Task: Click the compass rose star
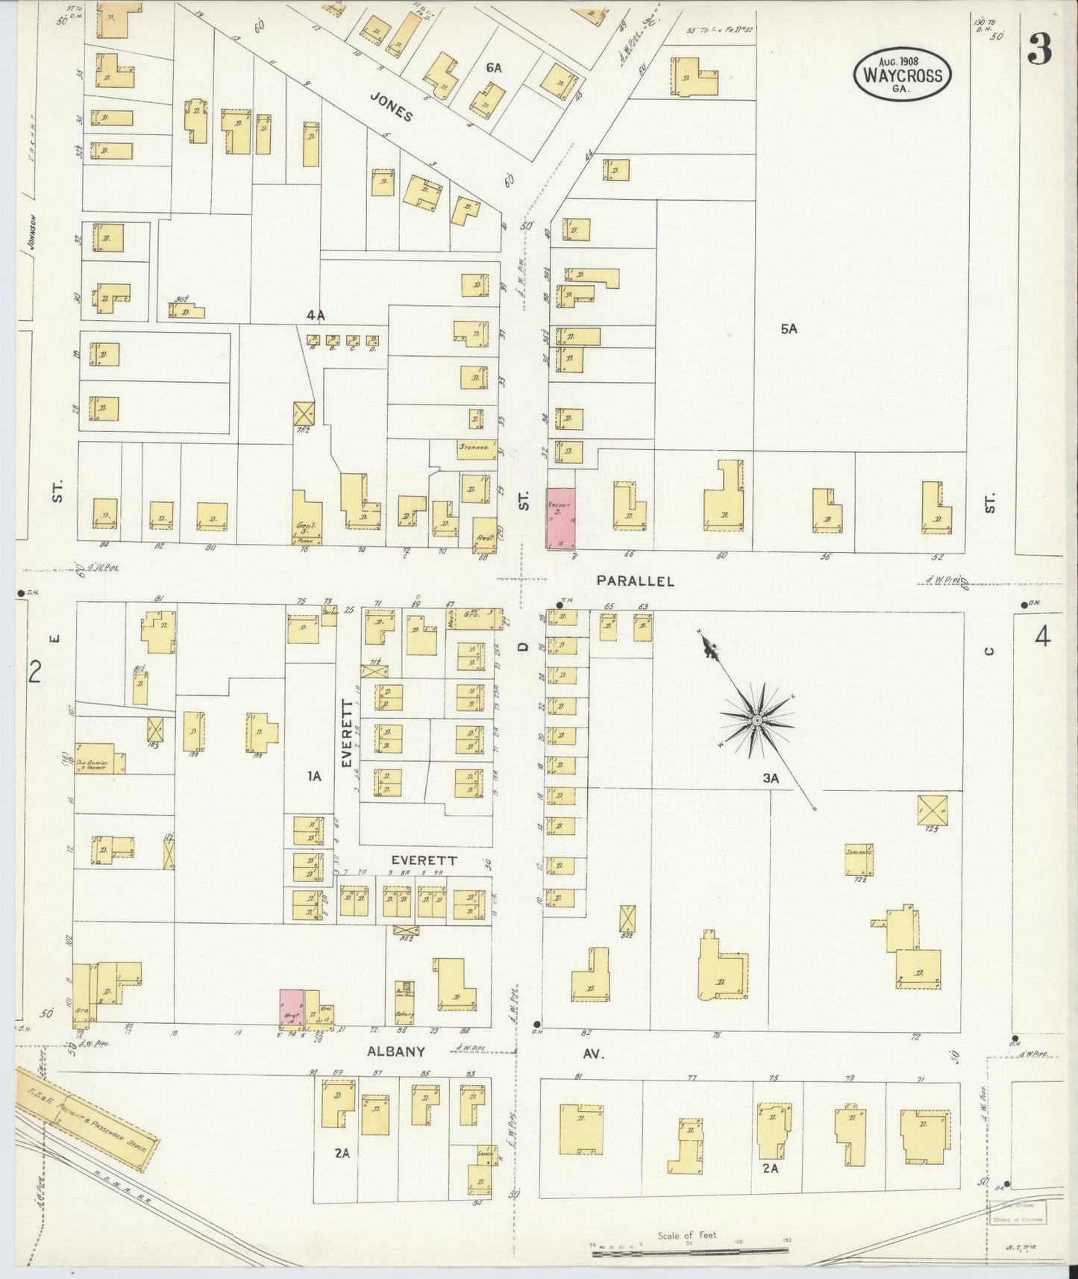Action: pos(756,720)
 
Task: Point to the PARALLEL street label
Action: pos(635,581)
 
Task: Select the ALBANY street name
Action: pos(395,1051)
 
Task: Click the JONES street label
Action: pos(391,110)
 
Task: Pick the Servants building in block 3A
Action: pos(859,860)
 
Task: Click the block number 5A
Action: pos(789,328)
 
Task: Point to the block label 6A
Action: pos(493,68)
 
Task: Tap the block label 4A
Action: pos(315,316)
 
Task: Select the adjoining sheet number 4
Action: pos(1042,638)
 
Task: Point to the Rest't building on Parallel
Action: pos(484,534)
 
